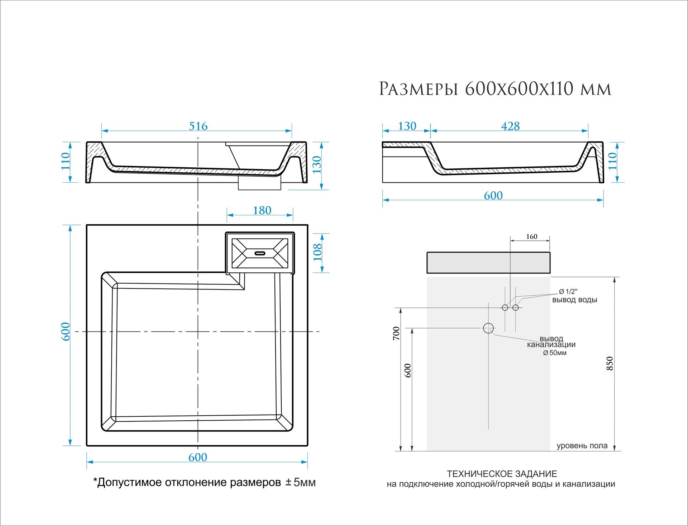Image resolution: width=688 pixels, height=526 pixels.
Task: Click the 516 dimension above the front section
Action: (x=198, y=126)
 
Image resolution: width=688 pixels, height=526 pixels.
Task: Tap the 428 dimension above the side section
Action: (x=510, y=126)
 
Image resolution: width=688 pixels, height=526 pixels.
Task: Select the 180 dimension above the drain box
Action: (x=262, y=211)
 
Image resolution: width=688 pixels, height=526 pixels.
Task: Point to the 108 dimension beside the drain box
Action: (x=317, y=253)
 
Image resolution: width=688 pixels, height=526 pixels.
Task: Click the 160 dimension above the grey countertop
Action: (x=531, y=236)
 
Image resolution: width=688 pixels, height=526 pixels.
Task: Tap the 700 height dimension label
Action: (x=396, y=333)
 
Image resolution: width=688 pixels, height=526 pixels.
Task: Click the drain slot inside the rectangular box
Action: (x=260, y=253)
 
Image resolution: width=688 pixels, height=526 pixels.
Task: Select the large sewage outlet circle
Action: (x=488, y=328)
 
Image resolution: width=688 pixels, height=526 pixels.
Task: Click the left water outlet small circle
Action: (x=505, y=307)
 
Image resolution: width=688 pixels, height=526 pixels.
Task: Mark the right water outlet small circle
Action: (x=515, y=307)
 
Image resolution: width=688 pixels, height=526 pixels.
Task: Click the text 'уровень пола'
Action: (x=582, y=446)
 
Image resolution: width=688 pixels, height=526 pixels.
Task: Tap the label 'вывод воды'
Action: (x=574, y=300)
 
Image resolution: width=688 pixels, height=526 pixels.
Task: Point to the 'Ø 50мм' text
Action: (x=555, y=353)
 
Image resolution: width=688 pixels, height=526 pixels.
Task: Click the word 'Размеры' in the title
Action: (x=419, y=89)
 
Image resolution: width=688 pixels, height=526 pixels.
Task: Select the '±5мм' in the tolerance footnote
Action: (x=300, y=483)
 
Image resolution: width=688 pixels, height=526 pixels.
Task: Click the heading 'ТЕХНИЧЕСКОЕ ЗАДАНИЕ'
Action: (x=502, y=474)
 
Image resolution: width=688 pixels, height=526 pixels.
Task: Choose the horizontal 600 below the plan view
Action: (x=198, y=458)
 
